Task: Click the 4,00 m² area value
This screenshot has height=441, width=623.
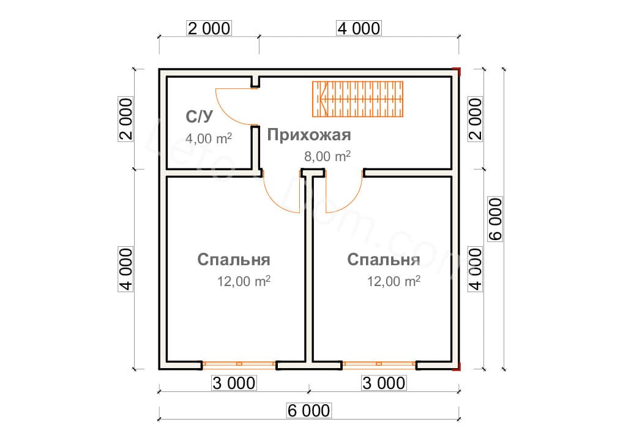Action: click(x=208, y=138)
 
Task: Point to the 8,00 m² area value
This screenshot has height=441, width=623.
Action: click(x=327, y=156)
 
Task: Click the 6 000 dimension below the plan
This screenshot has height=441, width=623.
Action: click(x=308, y=410)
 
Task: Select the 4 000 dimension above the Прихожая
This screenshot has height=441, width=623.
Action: click(x=358, y=28)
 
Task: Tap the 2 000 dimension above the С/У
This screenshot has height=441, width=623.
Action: click(x=209, y=28)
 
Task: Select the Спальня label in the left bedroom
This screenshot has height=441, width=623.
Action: click(x=234, y=260)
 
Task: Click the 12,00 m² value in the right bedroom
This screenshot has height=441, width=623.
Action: click(x=394, y=282)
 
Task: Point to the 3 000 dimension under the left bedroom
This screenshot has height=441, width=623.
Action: click(x=233, y=383)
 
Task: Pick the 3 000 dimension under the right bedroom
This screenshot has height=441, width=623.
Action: click(x=384, y=383)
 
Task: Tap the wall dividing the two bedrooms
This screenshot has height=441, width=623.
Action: click(x=308, y=269)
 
